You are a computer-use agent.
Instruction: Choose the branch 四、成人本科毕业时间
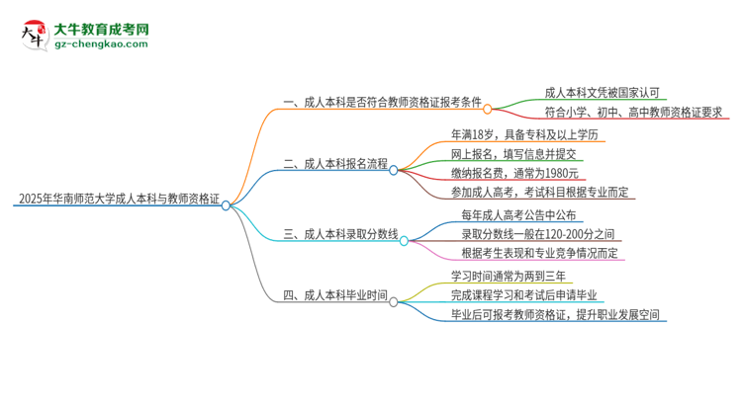click(334, 295)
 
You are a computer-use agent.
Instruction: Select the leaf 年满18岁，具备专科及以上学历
click(523, 134)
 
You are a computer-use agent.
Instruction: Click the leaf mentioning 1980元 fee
click(508, 174)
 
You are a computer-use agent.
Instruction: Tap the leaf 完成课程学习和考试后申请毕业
click(525, 295)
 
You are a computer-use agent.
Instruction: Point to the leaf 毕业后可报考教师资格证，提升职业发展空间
click(553, 316)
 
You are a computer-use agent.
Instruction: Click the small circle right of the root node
click(226, 205)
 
